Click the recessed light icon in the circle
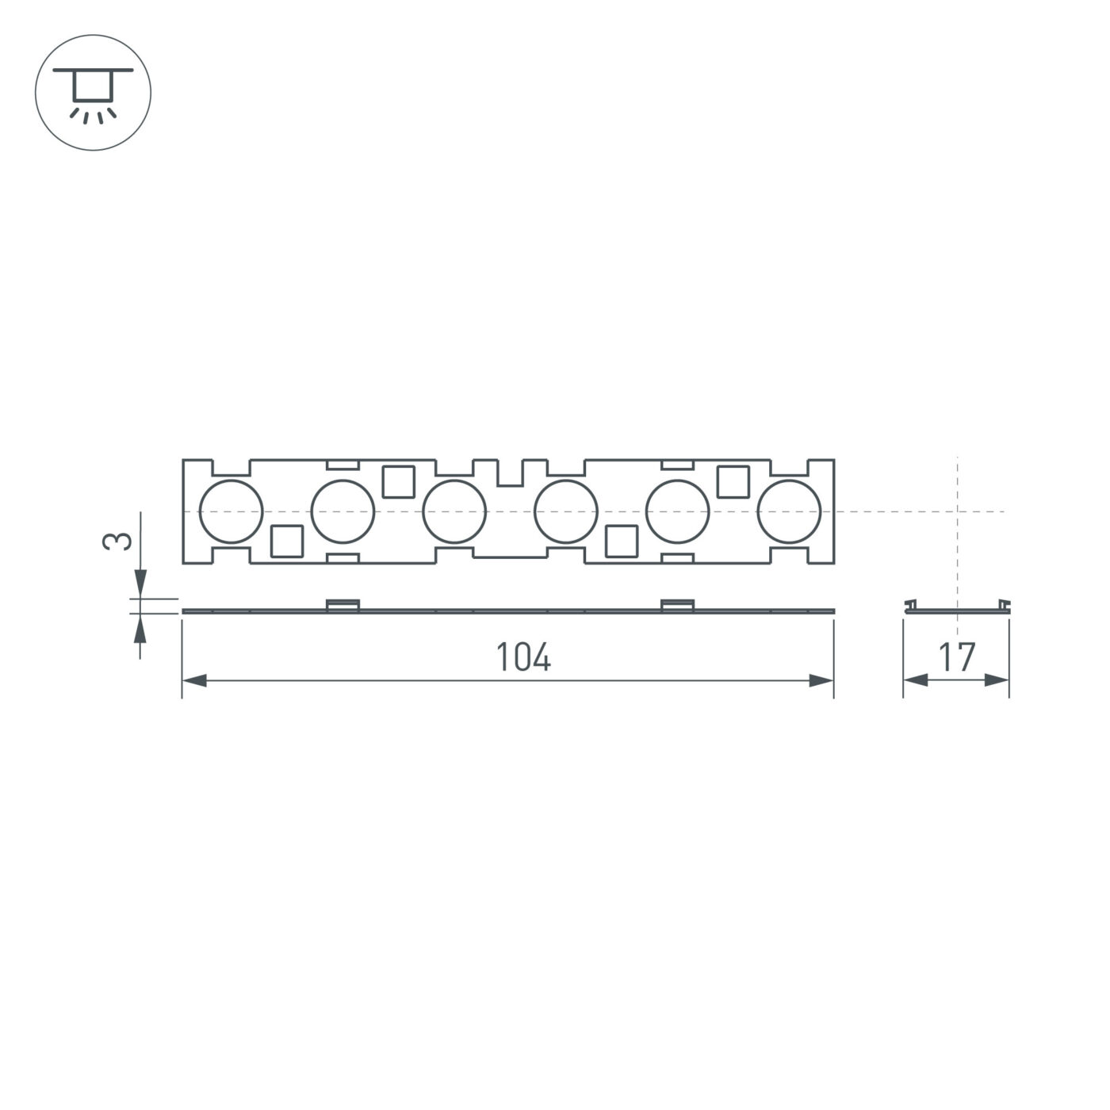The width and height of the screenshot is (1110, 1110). point(93,93)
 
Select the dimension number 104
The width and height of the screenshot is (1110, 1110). point(523,657)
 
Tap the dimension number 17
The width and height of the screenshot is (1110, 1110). point(956,657)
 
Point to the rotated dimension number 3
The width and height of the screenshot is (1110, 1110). point(117,541)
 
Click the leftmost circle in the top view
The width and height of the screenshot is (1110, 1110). point(231,511)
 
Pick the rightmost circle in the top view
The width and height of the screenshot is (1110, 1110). point(789,511)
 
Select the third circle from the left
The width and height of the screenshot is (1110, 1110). point(454,511)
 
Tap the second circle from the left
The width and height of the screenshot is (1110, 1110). point(343,511)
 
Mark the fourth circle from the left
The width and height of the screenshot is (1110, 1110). point(566,511)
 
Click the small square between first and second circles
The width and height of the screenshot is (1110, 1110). point(287,542)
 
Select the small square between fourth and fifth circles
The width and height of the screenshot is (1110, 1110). point(622,542)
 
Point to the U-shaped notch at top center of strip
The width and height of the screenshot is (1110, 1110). point(510,473)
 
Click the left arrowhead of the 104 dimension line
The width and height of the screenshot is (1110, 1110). point(193,680)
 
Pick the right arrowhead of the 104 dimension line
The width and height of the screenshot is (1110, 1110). point(822,680)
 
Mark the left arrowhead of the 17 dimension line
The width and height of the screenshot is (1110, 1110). point(915,680)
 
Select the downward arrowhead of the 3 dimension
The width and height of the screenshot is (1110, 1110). point(140,585)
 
